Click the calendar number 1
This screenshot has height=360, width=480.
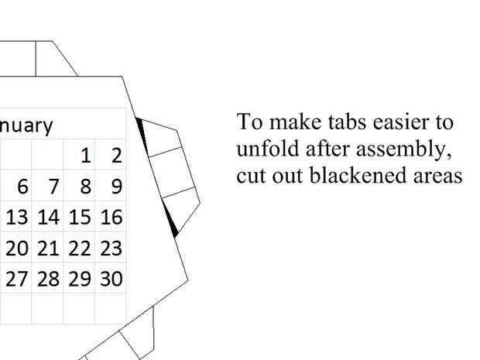85,156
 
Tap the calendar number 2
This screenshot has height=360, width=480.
116,156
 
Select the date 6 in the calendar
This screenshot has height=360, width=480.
22,187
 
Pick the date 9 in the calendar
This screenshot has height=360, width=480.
116,187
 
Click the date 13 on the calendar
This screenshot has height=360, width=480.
17,218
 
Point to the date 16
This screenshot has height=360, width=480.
111,218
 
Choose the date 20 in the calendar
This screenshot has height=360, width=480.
17,249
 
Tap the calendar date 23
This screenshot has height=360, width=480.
111,249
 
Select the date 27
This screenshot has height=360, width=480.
17,279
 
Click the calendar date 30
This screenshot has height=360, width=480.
111,279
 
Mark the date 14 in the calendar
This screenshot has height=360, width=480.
48,218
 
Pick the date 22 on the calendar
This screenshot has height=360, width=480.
80,249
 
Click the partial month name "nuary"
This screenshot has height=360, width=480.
26,125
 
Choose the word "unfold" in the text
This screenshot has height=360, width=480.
261,149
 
